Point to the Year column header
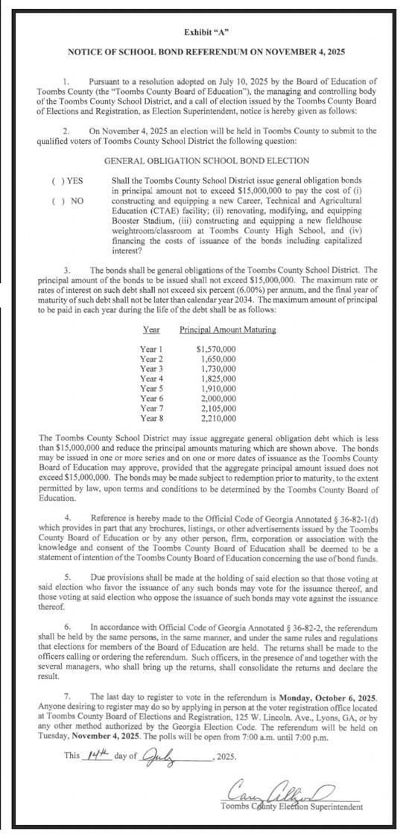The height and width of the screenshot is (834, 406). [x=150, y=329]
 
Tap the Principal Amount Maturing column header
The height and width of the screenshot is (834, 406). [x=228, y=329]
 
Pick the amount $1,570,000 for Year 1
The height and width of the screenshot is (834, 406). [x=215, y=349]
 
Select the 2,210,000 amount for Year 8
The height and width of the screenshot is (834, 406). [x=218, y=417]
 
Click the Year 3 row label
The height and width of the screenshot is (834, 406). [x=153, y=368]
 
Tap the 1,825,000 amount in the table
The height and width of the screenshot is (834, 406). [x=218, y=379]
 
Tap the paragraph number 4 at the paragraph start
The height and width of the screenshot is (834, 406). [x=69, y=496]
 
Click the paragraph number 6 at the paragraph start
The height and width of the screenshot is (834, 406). [x=69, y=628]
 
